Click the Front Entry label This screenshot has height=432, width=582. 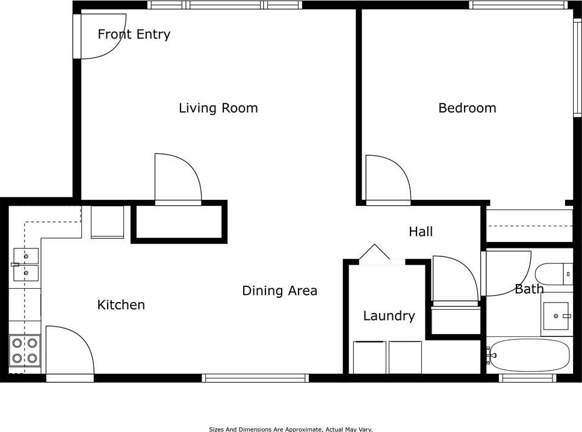click(134, 34)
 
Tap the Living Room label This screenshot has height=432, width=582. click(218, 108)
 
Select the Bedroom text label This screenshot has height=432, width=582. click(467, 108)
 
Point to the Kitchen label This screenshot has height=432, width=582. click(121, 304)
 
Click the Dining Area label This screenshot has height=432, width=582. click(280, 291)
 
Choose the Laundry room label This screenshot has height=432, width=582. click(389, 316)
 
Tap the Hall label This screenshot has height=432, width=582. click(421, 232)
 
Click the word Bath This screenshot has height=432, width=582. click(529, 289)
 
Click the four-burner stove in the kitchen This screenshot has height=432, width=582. click(25, 351)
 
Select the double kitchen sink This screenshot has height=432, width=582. click(26, 265)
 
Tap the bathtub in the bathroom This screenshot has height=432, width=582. click(528, 355)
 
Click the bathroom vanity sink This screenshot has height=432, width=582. click(556, 316)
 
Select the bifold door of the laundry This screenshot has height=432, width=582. click(374, 251)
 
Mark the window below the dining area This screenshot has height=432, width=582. click(255, 378)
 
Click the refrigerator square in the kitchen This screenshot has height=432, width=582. click(107, 222)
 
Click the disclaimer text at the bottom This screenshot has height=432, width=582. click(291, 429)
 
